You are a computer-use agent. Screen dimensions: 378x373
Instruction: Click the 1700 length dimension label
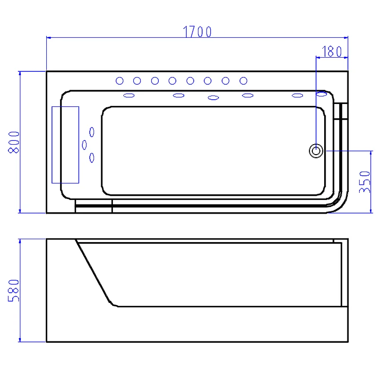pos(197,32)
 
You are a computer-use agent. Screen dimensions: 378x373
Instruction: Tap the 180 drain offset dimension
pos(332,52)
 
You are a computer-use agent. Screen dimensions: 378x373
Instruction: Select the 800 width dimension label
pos(14,142)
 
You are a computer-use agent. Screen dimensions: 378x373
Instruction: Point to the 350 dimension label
pos(364,182)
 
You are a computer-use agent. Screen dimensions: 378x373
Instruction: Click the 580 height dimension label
pos(14,290)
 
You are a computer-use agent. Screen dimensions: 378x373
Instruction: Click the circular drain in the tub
pos(316,151)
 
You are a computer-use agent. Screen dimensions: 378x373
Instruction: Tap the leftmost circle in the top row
pos(120,81)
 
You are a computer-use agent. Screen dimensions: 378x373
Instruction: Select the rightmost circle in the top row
pos(243,81)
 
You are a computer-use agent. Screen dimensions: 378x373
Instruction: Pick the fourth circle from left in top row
pos(172,81)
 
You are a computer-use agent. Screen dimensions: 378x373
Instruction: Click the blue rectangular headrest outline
pos(52,145)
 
